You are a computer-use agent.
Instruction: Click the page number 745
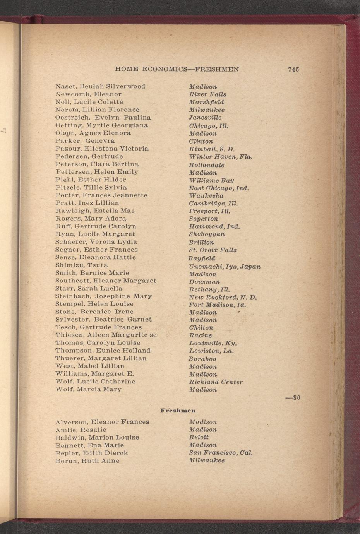(x=293, y=69)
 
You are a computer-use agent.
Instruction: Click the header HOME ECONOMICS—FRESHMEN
(x=177, y=69)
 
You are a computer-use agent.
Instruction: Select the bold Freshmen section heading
(x=178, y=410)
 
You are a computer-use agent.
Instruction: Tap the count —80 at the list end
(x=293, y=398)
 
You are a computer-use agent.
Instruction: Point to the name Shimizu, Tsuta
(x=81, y=265)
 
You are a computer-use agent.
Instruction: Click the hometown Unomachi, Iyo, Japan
(x=225, y=267)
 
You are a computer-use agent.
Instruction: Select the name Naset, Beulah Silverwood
(x=100, y=86)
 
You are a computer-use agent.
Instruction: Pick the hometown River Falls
(x=207, y=94)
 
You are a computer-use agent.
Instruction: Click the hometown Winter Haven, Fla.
(x=221, y=157)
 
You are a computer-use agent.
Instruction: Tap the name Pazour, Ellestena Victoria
(x=102, y=149)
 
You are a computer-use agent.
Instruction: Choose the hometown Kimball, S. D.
(x=212, y=149)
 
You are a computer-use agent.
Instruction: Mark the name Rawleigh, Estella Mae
(x=95, y=211)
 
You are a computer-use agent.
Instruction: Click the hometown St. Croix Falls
(x=213, y=250)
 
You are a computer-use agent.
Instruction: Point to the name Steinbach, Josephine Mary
(x=103, y=296)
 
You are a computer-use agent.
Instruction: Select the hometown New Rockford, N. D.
(x=223, y=297)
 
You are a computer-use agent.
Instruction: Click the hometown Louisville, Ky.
(x=213, y=343)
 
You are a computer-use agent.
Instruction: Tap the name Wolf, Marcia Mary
(x=88, y=389)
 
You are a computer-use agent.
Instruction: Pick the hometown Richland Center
(x=216, y=382)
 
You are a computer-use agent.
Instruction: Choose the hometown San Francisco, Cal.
(x=221, y=453)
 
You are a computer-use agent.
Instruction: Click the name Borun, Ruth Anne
(x=87, y=461)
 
